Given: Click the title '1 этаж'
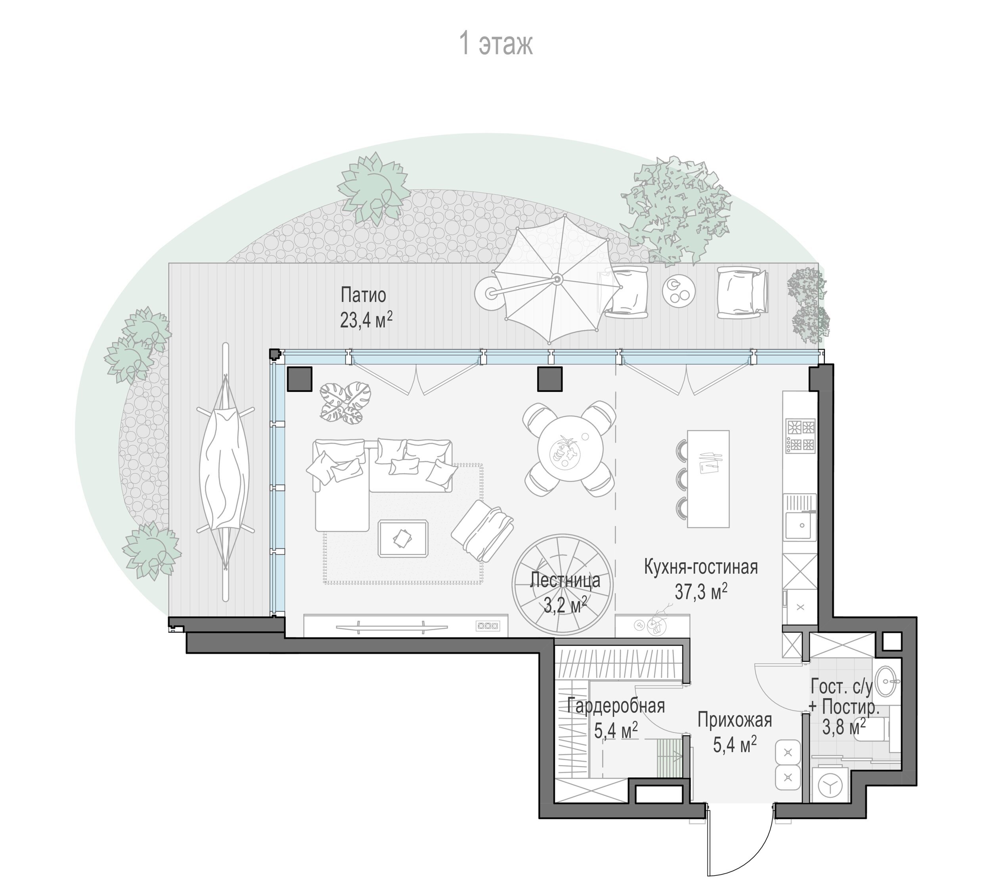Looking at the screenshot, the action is pos(495,44).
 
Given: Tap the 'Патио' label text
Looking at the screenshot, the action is pos(363,295).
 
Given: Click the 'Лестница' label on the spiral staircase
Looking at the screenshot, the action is pos(565,580).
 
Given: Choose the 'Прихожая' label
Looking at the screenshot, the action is pos(735,720).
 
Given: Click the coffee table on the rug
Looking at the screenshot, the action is pos(403,538).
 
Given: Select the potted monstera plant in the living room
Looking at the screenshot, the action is pos(345,403).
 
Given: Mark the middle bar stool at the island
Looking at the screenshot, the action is pos(682,479).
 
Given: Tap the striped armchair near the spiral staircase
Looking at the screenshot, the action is pos(482,531).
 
